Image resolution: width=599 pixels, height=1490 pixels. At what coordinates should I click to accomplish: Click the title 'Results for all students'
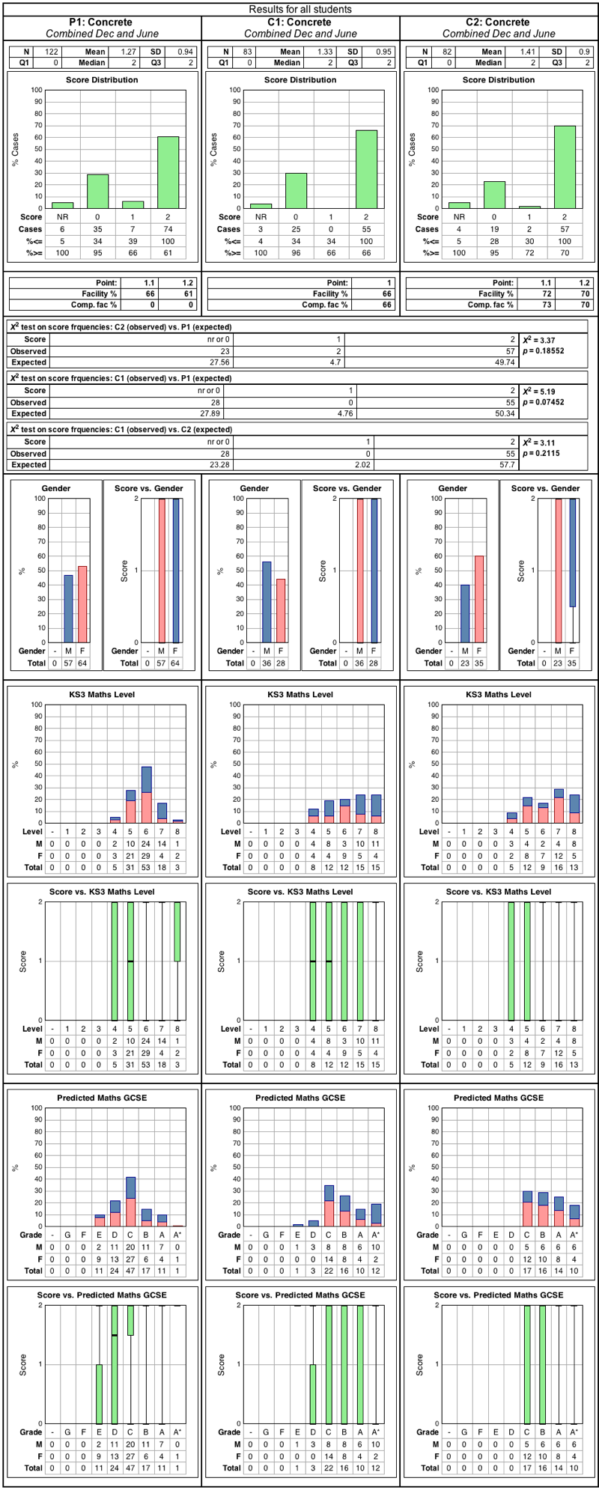[x=299, y=10]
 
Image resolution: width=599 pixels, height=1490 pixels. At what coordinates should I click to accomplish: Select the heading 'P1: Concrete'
[x=102, y=22]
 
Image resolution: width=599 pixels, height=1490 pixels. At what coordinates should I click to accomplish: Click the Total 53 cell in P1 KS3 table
[x=147, y=867]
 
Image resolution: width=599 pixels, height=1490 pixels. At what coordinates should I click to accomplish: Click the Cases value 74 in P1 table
[x=168, y=229]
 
